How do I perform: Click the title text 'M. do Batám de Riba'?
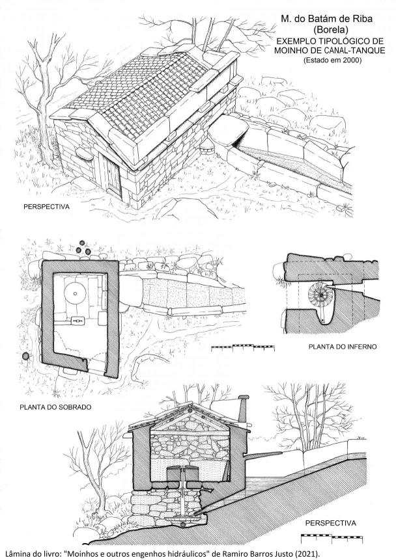click(326, 19)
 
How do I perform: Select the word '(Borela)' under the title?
click(326, 29)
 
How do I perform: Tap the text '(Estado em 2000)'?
click(333, 60)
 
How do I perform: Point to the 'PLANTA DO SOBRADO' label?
click(55, 407)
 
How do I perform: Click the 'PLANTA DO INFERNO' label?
click(343, 347)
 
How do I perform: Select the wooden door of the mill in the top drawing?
click(113, 178)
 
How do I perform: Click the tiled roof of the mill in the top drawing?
click(143, 93)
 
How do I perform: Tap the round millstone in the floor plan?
click(75, 293)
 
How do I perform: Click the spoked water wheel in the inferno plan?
click(321, 295)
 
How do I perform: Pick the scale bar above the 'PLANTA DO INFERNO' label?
click(243, 347)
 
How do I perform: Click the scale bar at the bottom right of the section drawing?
click(332, 537)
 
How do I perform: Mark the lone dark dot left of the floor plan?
click(25, 356)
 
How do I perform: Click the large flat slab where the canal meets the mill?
click(228, 129)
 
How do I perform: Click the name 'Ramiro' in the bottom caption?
click(233, 554)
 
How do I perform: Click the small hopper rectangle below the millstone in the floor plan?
click(76, 321)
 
